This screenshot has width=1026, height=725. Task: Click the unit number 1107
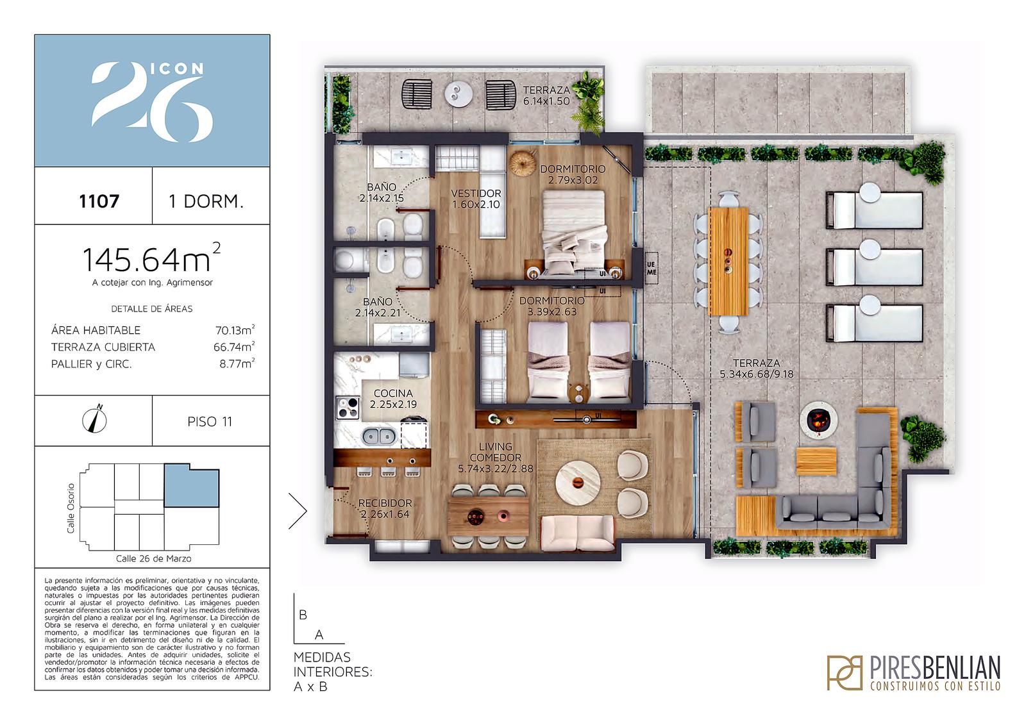(x=99, y=201)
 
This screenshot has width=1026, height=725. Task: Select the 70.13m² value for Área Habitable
(x=235, y=329)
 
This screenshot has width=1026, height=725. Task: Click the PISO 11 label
(x=210, y=421)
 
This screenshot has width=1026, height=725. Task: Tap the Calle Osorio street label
(x=71, y=508)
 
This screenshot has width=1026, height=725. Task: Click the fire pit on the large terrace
(x=819, y=419)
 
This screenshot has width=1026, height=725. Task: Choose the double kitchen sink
(x=379, y=436)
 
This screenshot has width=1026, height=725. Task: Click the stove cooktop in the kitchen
(x=348, y=408)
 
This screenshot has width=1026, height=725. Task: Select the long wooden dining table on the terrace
(x=728, y=262)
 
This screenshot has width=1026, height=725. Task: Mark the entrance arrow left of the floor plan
(x=298, y=511)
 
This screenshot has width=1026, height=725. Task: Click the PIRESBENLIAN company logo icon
(x=844, y=672)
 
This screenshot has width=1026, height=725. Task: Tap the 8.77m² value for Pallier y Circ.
(x=237, y=363)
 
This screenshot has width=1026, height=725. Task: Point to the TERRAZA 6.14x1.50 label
(x=546, y=96)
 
